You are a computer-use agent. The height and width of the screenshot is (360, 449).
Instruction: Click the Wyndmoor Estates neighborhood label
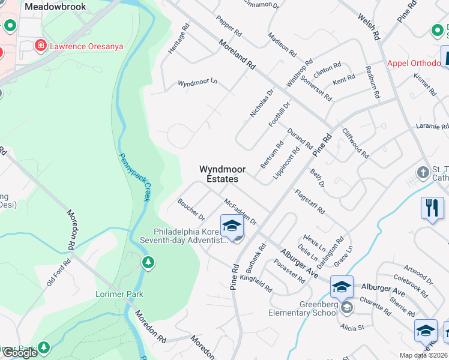coord(218,174)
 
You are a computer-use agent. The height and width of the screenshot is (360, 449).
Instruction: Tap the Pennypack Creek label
coord(134,177)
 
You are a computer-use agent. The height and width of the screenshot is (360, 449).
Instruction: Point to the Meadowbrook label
coord(55,7)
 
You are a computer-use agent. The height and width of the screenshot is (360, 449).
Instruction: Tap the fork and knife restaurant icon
coord(432,208)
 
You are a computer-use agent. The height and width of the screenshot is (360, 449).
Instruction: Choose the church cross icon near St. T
coord(424,172)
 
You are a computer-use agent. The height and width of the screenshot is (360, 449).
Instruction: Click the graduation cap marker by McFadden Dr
coord(232,226)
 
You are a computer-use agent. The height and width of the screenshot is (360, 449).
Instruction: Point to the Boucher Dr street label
coord(191,209)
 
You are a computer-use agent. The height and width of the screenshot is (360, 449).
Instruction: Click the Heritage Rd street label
coord(179,40)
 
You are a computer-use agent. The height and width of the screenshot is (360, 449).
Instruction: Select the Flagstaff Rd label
coord(310,202)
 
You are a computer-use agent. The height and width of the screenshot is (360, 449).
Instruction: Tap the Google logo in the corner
coord(19,353)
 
